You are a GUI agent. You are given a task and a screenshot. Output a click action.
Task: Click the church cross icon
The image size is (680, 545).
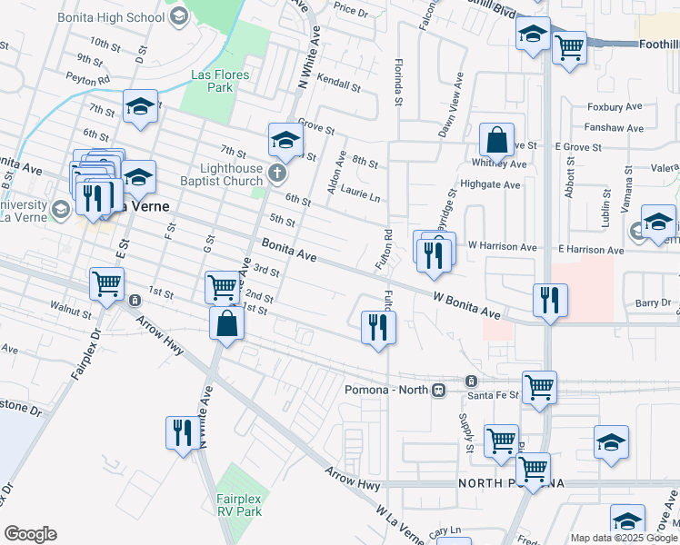click(275, 172)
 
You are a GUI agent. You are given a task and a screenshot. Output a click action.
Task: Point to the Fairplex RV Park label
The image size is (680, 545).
click(240, 504)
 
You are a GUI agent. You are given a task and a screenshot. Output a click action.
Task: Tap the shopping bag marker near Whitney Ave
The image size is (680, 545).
click(497, 141)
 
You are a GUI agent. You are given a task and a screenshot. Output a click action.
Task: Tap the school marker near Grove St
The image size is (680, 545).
click(285, 140)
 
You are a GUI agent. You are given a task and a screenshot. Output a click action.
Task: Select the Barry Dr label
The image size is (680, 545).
click(652, 302)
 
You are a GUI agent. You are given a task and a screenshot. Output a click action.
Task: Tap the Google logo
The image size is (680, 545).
click(30, 534)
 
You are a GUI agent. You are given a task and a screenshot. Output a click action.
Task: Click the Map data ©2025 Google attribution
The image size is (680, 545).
click(623, 538)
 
